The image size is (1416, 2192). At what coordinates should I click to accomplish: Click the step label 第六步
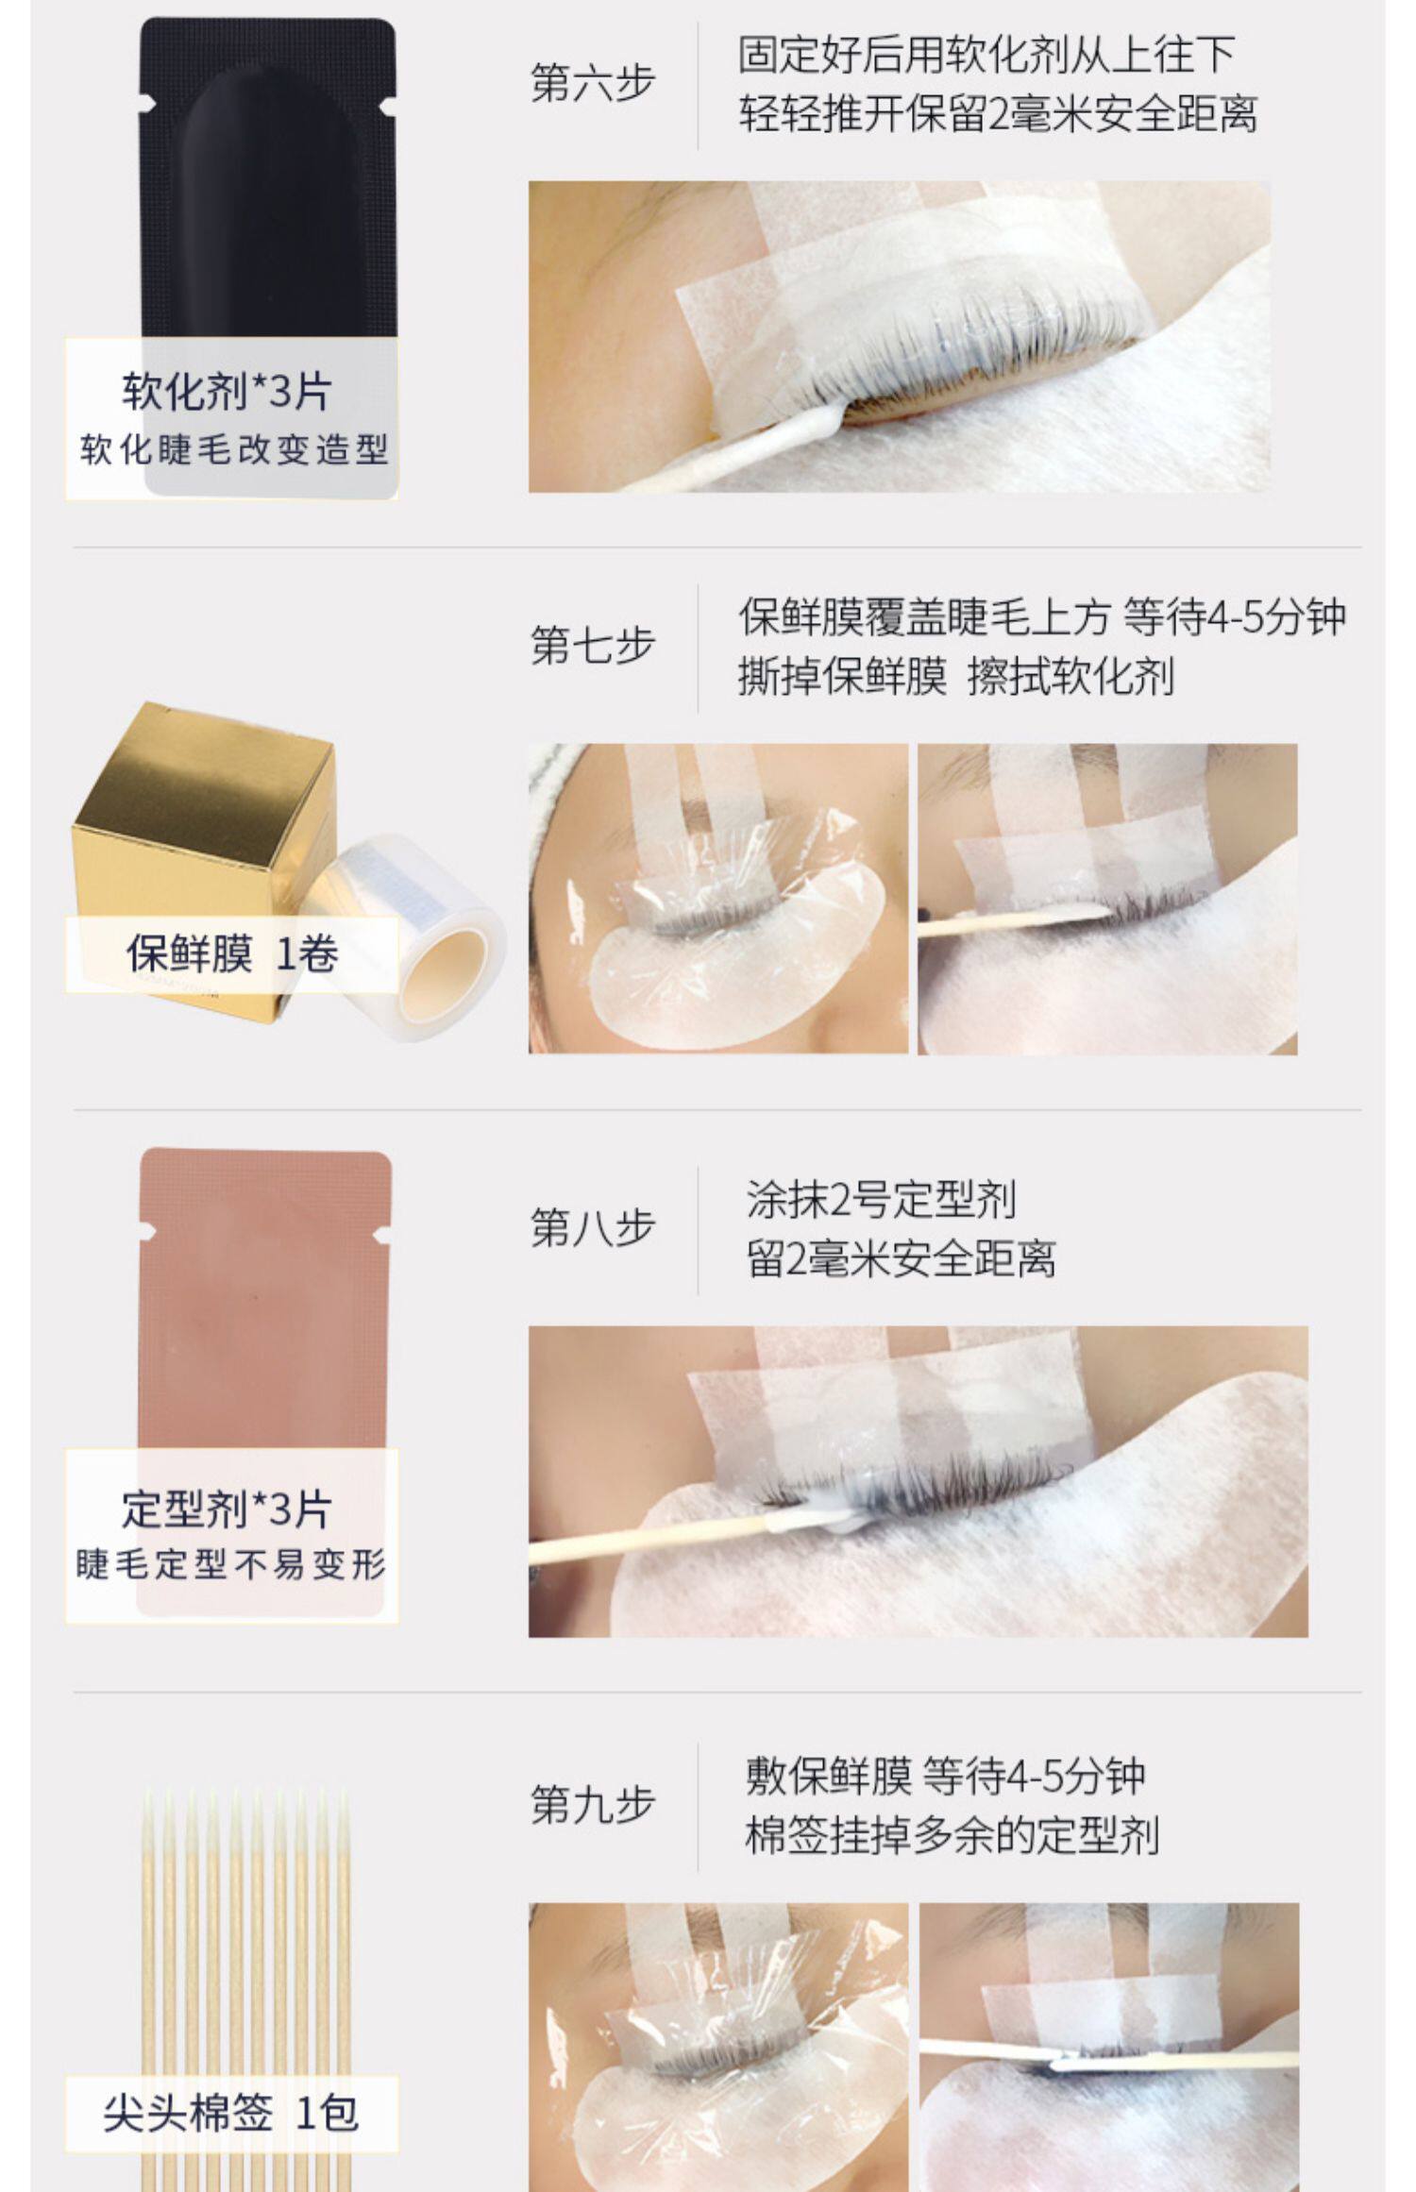pyautogui.click(x=593, y=83)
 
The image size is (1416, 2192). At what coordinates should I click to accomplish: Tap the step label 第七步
pyautogui.click(x=593, y=646)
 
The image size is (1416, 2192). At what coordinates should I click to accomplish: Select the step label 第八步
pyautogui.click(x=593, y=1227)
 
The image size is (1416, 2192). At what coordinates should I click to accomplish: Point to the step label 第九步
pyautogui.click(x=593, y=1804)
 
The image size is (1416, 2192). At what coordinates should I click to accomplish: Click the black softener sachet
pyautogui.click(x=267, y=255)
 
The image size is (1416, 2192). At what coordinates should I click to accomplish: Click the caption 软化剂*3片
pyautogui.click(x=227, y=391)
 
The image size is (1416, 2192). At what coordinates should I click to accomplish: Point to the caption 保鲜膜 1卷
pyautogui.click(x=232, y=953)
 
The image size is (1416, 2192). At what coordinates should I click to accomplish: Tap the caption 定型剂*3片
pyautogui.click(x=227, y=1509)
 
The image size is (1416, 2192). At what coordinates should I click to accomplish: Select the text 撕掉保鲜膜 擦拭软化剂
pyautogui.click(x=955, y=677)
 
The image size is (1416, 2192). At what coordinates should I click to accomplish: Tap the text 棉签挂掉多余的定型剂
pyautogui.click(x=952, y=1836)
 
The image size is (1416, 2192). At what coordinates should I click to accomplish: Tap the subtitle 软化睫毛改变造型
pyautogui.click(x=233, y=449)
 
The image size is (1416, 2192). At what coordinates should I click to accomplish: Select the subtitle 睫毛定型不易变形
pyautogui.click(x=231, y=1564)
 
